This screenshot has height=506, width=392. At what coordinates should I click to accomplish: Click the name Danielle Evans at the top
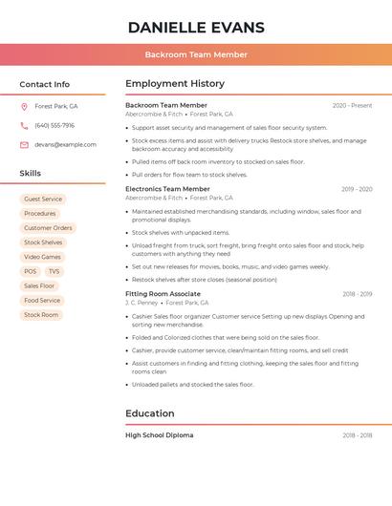pyautogui.click(x=196, y=27)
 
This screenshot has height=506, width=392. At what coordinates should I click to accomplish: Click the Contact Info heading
pyautogui.click(x=44, y=84)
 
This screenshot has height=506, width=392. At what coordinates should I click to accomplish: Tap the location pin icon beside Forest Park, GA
pyautogui.click(x=24, y=106)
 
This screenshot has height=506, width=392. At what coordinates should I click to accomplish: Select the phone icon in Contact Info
pyautogui.click(x=24, y=125)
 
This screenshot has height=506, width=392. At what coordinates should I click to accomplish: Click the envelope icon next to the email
pyautogui.click(x=24, y=145)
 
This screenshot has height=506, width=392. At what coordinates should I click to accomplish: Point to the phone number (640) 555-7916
pyautogui.click(x=54, y=125)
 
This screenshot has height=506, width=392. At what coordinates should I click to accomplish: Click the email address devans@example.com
pyautogui.click(x=65, y=145)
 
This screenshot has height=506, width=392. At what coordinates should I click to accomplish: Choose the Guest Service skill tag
pyautogui.click(x=43, y=200)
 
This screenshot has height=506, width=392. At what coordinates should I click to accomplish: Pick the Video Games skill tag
pyautogui.click(x=42, y=257)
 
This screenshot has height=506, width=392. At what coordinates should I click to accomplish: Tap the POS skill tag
pyautogui.click(x=31, y=271)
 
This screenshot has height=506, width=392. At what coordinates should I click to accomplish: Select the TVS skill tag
pyautogui.click(x=54, y=271)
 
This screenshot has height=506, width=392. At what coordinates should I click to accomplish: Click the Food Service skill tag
pyautogui.click(x=42, y=300)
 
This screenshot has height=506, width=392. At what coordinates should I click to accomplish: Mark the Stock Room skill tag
pyautogui.click(x=41, y=314)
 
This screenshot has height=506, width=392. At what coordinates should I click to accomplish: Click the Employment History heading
pyautogui.click(x=175, y=83)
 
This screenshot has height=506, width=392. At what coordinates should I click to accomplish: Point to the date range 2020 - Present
pyautogui.click(x=352, y=105)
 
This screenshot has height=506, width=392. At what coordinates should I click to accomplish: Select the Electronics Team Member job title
pyautogui.click(x=167, y=189)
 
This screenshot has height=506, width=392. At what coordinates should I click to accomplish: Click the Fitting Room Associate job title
pyautogui.click(x=163, y=294)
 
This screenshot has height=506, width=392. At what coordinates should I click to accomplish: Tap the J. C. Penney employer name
pyautogui.click(x=142, y=303)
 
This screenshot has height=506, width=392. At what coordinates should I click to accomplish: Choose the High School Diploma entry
pyautogui.click(x=159, y=435)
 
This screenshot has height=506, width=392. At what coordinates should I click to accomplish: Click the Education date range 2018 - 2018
pyautogui.click(x=357, y=435)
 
